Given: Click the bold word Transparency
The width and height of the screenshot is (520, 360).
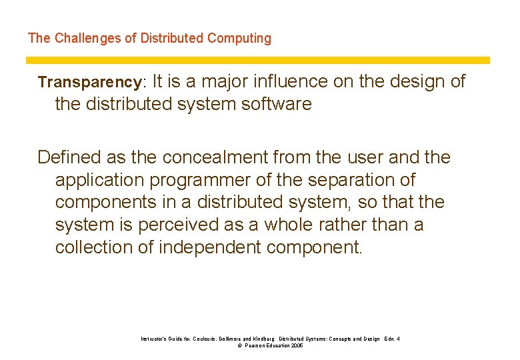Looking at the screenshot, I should point(89,83).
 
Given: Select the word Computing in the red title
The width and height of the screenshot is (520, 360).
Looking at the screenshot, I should point(239,38).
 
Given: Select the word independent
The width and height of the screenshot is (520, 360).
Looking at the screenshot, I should point(210,247).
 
